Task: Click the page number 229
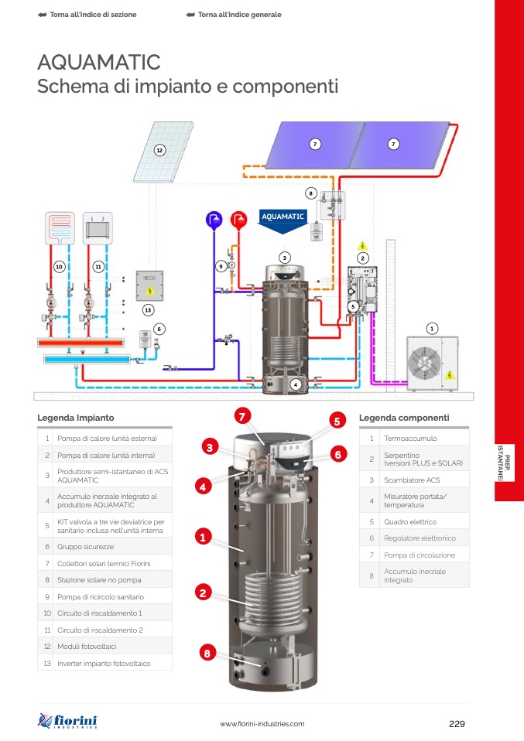tap(456, 724)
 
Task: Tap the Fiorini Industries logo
tap(67, 721)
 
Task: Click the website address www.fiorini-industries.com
tap(262, 724)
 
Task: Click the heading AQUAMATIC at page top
tap(99, 62)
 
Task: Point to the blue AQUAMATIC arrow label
tap(283, 218)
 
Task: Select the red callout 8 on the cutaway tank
tap(207, 654)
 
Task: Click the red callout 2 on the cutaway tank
tap(203, 593)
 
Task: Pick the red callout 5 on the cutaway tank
tap(337, 422)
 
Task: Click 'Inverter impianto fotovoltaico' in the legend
tap(104, 664)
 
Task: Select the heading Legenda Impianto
tap(76, 418)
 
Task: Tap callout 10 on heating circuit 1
tap(59, 266)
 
